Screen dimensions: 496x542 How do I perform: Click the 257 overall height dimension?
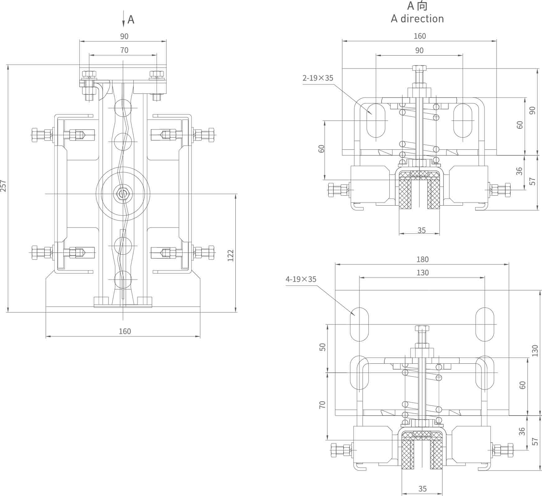[x=3, y=186]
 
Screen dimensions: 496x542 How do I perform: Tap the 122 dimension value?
[x=230, y=255]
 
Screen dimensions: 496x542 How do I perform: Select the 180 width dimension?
[x=422, y=259]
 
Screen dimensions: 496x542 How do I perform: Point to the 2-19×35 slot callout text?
[x=318, y=78]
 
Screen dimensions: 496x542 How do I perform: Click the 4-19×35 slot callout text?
[x=301, y=279]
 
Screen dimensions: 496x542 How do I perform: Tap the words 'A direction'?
[x=417, y=19]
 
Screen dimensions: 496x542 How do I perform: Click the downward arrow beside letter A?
[x=124, y=19]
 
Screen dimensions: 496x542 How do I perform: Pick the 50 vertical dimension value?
[x=322, y=347]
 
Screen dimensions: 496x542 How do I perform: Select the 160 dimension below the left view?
[x=125, y=331]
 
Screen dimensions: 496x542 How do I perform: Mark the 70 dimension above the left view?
[x=124, y=50]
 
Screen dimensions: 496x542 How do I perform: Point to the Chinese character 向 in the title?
[x=422, y=6]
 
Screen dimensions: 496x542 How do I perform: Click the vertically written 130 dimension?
[x=535, y=351]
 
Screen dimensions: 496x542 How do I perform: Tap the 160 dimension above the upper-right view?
[x=419, y=36]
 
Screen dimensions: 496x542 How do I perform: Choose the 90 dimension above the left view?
[x=124, y=36]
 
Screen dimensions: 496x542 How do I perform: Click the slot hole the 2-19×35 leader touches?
[x=376, y=121]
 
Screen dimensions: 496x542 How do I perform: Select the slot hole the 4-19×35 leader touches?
[x=359, y=324]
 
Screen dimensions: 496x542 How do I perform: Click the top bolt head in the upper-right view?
[x=419, y=68]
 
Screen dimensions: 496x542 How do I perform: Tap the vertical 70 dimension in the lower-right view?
[x=322, y=404]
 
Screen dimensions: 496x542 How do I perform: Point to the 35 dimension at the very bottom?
[x=422, y=489]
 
